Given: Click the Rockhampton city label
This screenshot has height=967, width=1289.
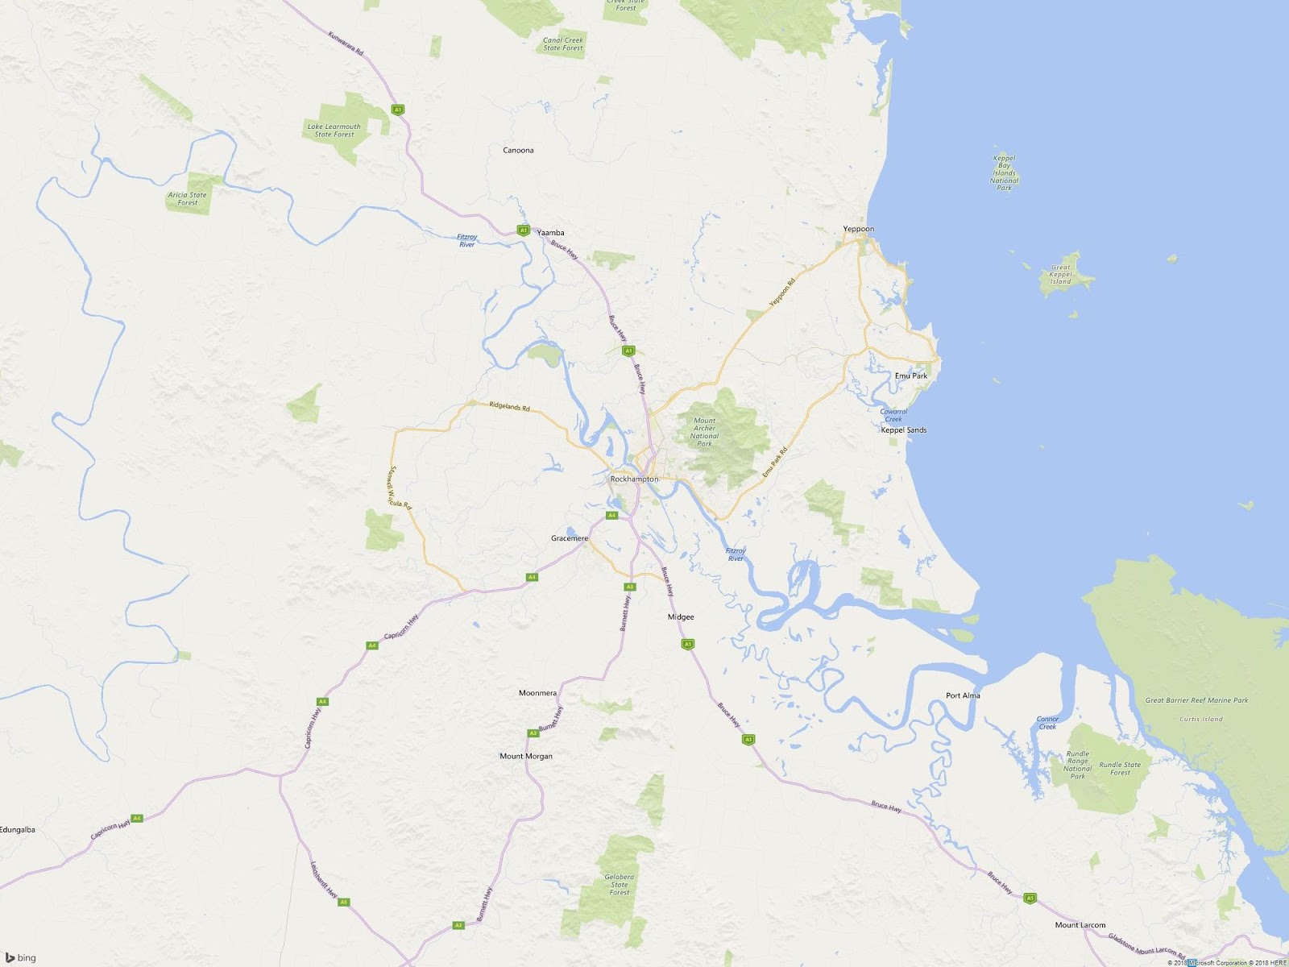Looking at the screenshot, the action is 634,479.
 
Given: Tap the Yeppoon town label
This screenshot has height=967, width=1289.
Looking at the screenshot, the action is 858,229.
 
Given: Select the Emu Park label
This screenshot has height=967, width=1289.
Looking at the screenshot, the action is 910,376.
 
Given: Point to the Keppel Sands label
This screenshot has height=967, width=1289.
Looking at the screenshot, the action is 903,430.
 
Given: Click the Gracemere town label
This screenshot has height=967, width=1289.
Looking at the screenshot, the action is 570,538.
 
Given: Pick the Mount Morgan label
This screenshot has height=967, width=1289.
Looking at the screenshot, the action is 526,756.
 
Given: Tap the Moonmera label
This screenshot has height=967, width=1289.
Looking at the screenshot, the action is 537,693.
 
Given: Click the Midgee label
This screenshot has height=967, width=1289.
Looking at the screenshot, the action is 681,617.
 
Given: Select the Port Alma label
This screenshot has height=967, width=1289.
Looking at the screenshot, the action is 963,695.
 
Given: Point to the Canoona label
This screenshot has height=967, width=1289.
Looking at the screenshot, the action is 518,151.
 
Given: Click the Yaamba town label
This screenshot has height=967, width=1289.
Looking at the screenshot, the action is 550,233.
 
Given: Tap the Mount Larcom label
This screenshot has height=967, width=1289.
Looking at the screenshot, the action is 1080,925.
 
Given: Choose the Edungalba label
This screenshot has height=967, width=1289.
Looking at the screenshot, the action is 18,830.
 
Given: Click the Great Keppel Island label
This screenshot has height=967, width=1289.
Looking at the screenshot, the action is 1060,275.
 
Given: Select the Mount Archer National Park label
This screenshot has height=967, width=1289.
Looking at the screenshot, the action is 704,432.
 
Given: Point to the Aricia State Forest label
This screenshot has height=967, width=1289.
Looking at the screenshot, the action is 187,198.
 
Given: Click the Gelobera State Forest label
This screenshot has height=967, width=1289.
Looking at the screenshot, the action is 619,885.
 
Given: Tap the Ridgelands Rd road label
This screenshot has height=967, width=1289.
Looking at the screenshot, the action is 510,407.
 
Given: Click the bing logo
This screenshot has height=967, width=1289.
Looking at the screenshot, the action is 21,957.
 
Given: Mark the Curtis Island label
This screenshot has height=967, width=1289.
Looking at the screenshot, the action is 1200,720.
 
